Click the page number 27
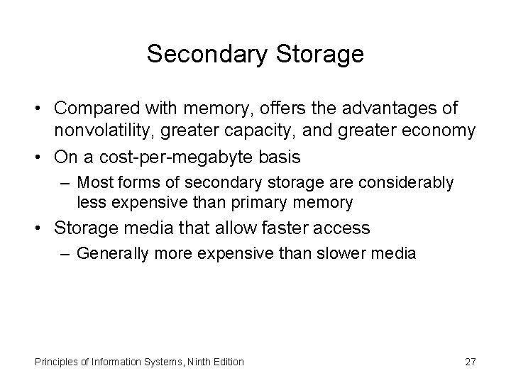tap(470, 362)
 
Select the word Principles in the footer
tap(54, 362)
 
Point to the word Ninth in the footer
tap(204, 362)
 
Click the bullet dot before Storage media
tap(41, 228)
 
